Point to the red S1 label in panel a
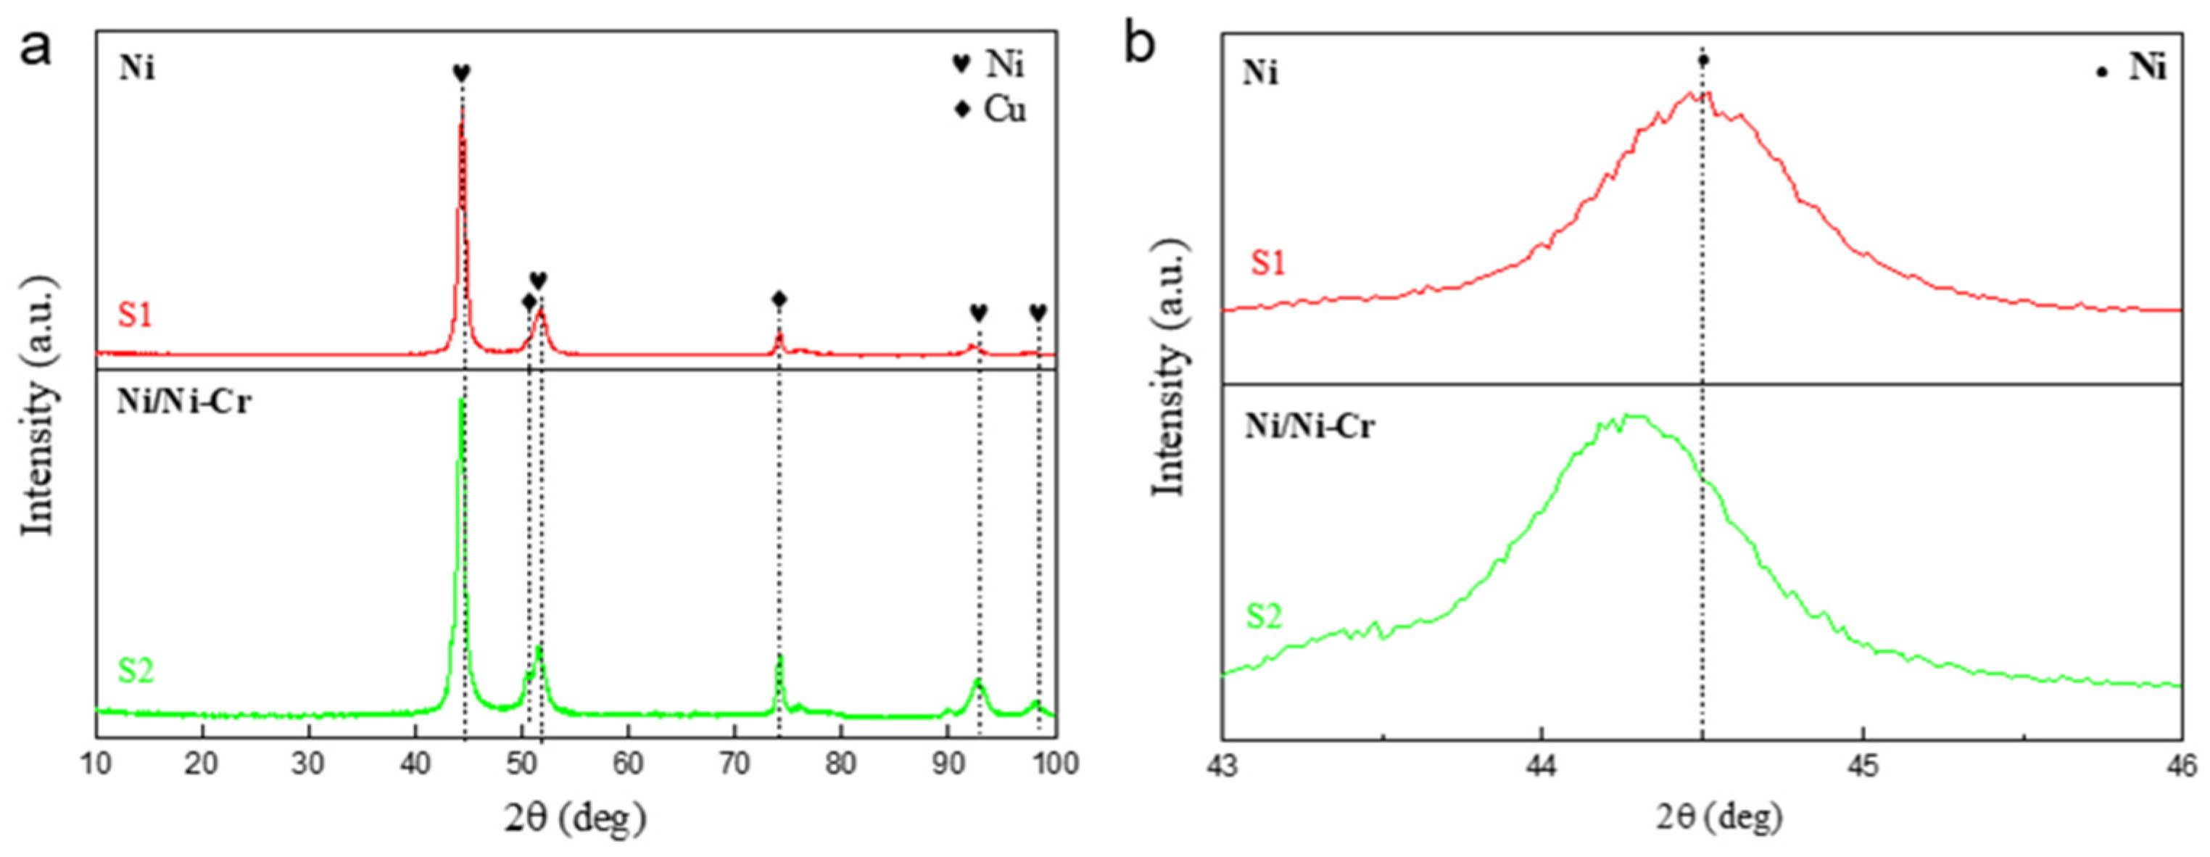(136, 315)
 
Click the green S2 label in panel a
(136, 671)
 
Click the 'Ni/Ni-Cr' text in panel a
(184, 402)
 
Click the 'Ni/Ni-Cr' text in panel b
(1310, 426)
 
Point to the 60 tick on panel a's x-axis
(628, 763)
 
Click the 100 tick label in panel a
(1055, 763)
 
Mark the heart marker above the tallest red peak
(462, 74)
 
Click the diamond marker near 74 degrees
(778, 299)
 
